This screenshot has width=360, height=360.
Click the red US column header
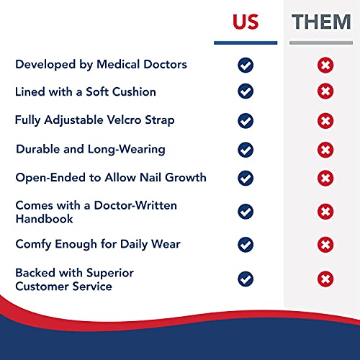(246, 22)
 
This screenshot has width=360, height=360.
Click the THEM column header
(321, 22)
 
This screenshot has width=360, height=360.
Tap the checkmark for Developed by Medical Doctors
(246, 66)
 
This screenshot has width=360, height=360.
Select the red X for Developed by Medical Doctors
(325, 66)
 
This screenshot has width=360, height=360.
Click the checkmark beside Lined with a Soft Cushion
(246, 91)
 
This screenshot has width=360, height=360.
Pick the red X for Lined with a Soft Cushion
(325, 91)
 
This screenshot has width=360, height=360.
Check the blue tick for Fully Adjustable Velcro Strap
(246, 120)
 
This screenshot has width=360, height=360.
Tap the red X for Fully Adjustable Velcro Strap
(325, 120)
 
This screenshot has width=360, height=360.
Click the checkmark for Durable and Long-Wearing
(246, 150)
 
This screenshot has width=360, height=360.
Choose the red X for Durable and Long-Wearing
(325, 150)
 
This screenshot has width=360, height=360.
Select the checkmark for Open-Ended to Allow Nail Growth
(246, 177)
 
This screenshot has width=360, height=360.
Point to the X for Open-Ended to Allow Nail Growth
(325, 177)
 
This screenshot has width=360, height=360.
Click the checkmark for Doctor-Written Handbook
(246, 211)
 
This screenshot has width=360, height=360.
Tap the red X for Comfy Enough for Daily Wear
(325, 245)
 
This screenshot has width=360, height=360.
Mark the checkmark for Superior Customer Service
(246, 279)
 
